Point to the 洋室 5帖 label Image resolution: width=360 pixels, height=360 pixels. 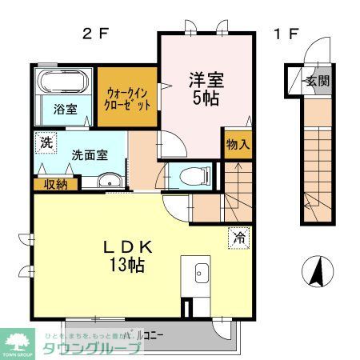tap(206, 89)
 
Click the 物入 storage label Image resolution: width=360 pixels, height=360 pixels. tap(238, 145)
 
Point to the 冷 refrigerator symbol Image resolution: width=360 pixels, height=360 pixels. tap(238, 237)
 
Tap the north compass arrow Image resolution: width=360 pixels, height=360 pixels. tap(317, 272)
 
